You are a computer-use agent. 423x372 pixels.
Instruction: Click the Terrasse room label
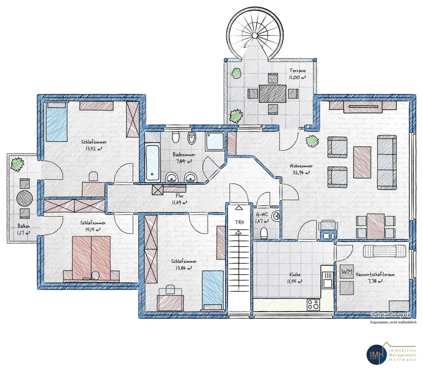[298, 71]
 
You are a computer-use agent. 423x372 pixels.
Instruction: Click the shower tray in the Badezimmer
[216, 141]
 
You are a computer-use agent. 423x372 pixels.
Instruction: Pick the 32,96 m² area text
[300, 172]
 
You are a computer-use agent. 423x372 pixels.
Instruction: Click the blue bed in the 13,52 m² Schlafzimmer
[57, 122]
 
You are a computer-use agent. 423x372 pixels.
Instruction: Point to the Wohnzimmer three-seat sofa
[387, 162]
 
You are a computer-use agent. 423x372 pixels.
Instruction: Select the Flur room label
[179, 196]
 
